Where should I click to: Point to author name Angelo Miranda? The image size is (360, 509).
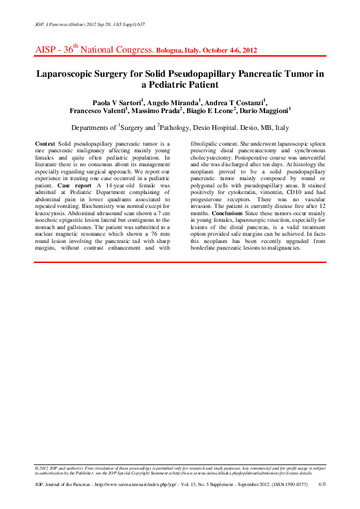(172, 102)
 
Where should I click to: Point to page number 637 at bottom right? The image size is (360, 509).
(322, 485)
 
